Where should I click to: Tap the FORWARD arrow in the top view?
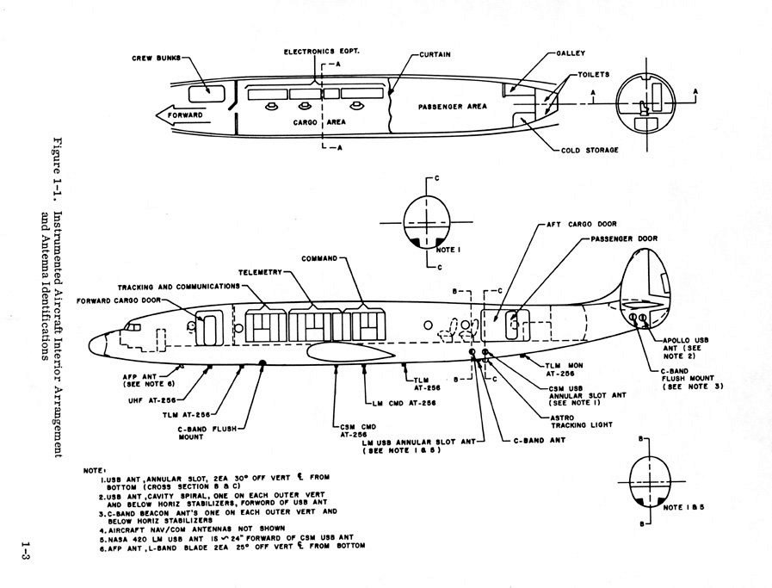coord(180,115)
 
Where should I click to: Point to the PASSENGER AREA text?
coord(453,107)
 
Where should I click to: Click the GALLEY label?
coord(571,53)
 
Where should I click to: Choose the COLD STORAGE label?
coord(590,150)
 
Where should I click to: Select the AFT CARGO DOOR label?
coord(581,224)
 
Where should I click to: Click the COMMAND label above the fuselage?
coord(318,257)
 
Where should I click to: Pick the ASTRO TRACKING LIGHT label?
coord(556,420)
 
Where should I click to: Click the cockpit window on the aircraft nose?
coord(132,327)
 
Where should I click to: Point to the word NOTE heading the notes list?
coord(92,470)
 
